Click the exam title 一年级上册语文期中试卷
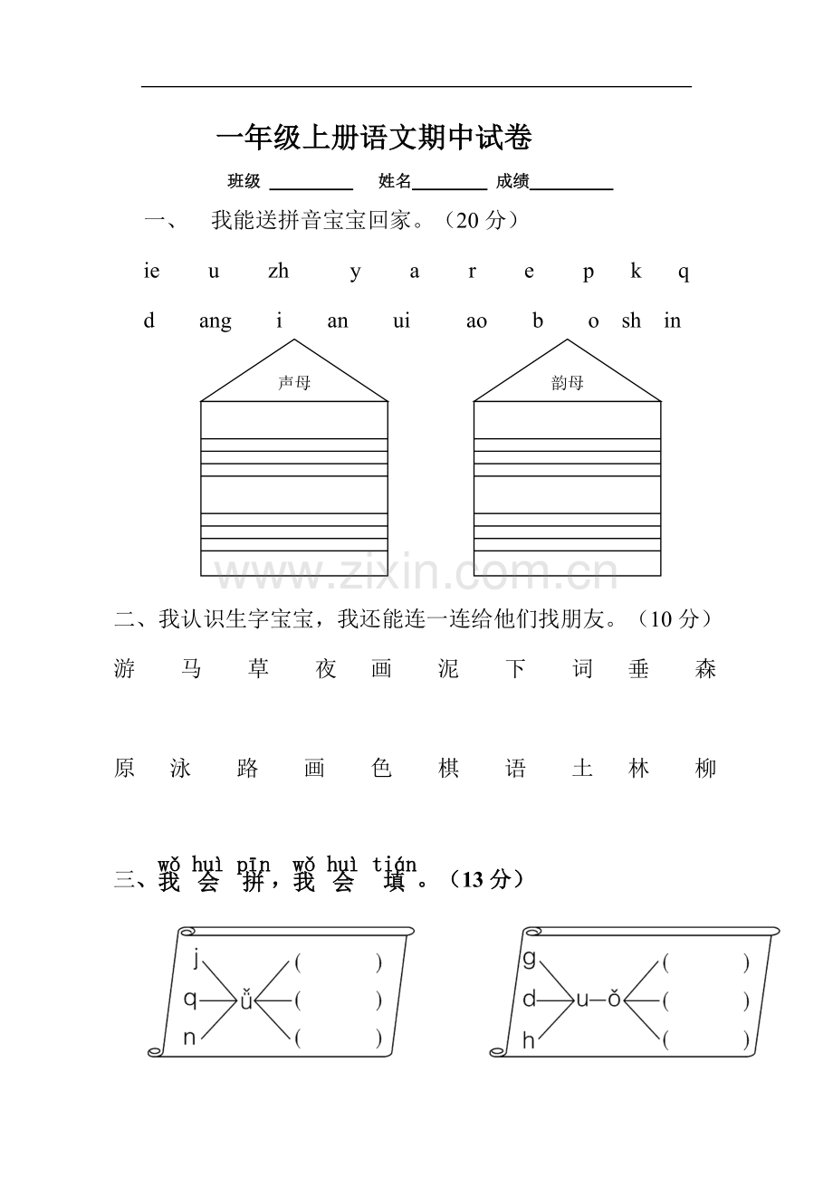click(374, 138)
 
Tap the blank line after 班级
click(311, 185)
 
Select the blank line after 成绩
click(571, 185)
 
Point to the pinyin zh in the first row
click(278, 272)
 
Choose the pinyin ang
click(215, 321)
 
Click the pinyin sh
click(631, 321)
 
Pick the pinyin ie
click(151, 272)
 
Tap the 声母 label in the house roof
click(294, 383)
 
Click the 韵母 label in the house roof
click(568, 383)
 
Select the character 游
click(125, 669)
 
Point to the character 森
click(705, 669)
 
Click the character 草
click(259, 669)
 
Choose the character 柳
click(705, 769)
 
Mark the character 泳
click(180, 769)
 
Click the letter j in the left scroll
click(196, 959)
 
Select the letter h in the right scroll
click(529, 1041)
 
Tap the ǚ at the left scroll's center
click(245, 1000)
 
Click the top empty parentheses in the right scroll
click(706, 963)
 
